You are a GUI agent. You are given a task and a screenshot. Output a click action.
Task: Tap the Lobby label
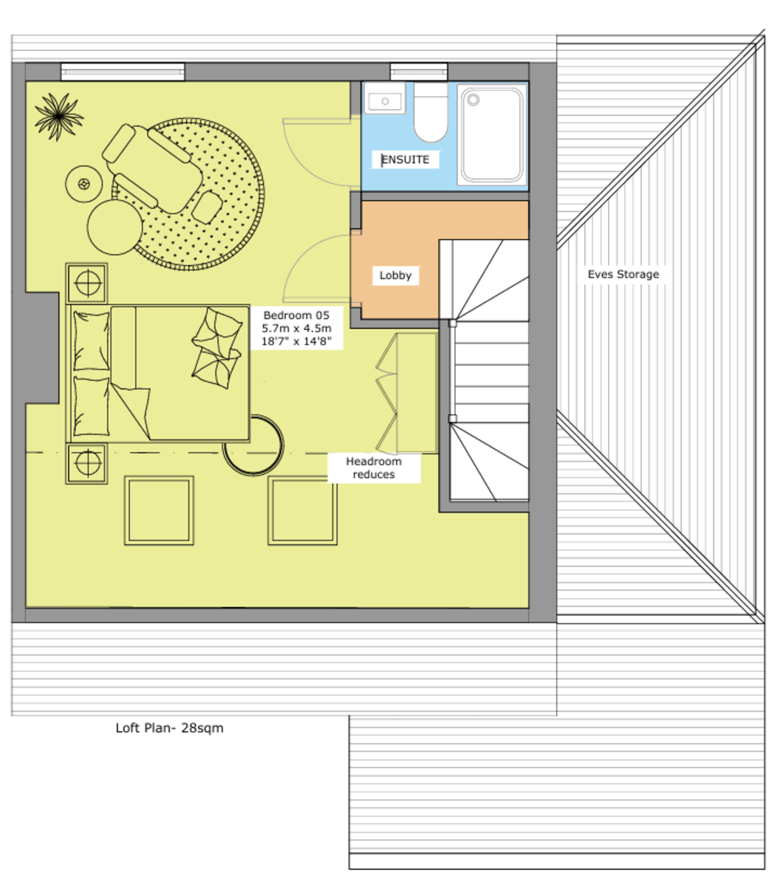(x=394, y=275)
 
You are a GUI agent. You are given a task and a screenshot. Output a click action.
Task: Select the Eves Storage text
(x=623, y=274)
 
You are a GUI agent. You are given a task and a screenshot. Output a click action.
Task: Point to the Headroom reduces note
(x=373, y=467)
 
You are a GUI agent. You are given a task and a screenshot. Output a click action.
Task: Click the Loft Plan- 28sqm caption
(x=169, y=728)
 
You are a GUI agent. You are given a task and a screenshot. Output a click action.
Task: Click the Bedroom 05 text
(x=296, y=315)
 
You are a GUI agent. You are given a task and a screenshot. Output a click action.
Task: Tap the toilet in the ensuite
(x=430, y=112)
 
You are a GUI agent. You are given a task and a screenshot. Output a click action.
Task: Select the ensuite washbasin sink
(x=384, y=98)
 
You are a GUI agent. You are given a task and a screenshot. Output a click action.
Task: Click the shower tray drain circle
(x=473, y=100)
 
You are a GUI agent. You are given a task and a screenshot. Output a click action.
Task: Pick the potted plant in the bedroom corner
(x=58, y=117)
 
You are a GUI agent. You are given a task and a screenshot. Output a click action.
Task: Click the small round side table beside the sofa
(x=83, y=184)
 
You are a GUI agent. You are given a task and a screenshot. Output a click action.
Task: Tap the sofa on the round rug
(x=152, y=169)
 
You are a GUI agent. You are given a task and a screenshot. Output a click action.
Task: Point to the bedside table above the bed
(x=86, y=283)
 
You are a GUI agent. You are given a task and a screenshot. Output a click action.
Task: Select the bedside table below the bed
(x=86, y=463)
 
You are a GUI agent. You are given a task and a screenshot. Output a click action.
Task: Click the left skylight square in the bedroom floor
(x=159, y=510)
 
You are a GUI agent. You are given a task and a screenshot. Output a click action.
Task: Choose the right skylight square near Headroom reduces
(x=302, y=510)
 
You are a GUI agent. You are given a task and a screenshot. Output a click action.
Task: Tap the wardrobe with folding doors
(x=406, y=393)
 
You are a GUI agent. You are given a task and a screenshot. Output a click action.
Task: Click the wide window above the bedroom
(x=123, y=72)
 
